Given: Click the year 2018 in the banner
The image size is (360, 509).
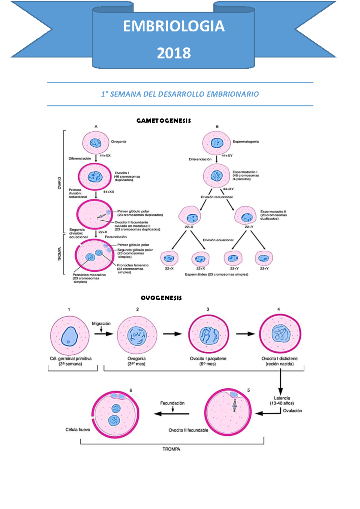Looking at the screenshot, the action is (x=174, y=53).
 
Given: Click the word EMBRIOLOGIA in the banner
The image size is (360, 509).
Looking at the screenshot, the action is (x=174, y=26).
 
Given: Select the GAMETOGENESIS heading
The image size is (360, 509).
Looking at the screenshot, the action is (x=163, y=121).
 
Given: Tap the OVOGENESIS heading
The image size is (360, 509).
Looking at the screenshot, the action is (x=161, y=298).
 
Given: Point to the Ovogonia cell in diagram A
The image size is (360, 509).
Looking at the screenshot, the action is (x=96, y=143).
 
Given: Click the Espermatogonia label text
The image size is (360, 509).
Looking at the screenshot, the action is (x=245, y=142).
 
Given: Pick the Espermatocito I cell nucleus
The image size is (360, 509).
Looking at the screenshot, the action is (x=217, y=176).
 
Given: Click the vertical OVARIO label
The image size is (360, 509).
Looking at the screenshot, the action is (x=59, y=183).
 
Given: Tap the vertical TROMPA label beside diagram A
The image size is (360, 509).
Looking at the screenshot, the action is (x=59, y=254).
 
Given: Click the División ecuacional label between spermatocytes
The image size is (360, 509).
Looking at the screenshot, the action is (x=218, y=240).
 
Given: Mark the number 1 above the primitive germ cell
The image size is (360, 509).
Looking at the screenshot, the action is (x=69, y=309).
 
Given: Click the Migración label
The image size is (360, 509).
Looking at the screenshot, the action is (x=101, y=323).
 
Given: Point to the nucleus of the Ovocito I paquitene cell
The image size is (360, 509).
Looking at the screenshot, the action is (x=209, y=335).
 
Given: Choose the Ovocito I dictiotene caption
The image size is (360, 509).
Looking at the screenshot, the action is (x=279, y=361).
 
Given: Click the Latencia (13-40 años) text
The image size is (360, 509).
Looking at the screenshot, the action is (x=282, y=401).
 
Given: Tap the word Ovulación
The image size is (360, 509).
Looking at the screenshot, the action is (x=292, y=411).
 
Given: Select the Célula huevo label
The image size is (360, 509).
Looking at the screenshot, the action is (x=78, y=429).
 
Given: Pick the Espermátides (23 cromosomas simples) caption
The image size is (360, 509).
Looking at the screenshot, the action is (x=217, y=274).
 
